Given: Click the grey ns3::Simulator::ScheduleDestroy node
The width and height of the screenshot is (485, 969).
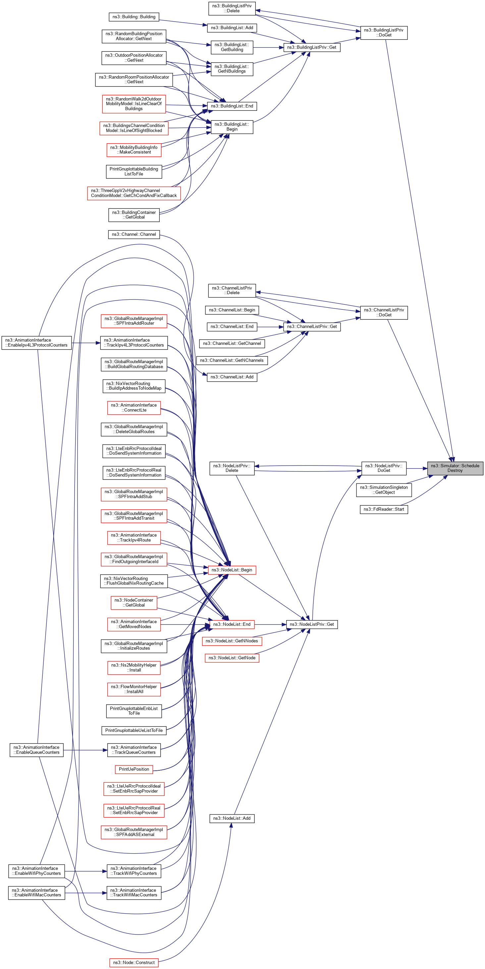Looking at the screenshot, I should (455, 468).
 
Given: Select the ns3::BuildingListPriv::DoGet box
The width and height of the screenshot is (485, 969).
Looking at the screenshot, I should (384, 33).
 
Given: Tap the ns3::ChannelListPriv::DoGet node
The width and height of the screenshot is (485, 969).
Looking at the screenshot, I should (384, 313).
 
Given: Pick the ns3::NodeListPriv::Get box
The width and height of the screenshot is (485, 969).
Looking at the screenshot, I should (311, 624).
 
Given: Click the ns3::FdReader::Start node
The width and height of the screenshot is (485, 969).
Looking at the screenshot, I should (384, 509).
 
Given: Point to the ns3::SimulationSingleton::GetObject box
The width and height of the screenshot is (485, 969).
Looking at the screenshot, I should (384, 490).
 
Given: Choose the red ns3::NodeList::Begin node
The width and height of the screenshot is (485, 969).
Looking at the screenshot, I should (232, 570).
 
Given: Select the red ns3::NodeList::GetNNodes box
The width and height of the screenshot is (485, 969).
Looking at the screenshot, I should (232, 641).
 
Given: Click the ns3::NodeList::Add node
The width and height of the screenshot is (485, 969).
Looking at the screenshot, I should (232, 818).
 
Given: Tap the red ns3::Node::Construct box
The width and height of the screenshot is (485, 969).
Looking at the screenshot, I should (134, 963).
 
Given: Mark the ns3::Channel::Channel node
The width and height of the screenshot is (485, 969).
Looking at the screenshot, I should (134, 234).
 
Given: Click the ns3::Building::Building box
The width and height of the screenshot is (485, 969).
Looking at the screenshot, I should (134, 17).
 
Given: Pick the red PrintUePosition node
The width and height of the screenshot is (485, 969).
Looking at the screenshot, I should (134, 769).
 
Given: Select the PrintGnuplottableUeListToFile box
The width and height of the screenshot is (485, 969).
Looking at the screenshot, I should (134, 730).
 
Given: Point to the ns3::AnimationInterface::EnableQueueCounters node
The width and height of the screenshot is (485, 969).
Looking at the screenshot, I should (37, 750).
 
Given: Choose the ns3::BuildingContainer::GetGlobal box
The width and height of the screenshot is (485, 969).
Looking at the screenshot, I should (134, 215).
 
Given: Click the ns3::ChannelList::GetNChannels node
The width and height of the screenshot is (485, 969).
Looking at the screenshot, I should (232, 360).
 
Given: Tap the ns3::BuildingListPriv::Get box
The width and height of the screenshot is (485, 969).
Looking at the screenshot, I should (311, 47).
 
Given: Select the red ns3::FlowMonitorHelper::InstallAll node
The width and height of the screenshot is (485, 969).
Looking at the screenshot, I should (134, 689).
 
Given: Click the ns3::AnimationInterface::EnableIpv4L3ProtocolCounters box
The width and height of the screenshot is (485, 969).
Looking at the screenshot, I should (36, 343).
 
